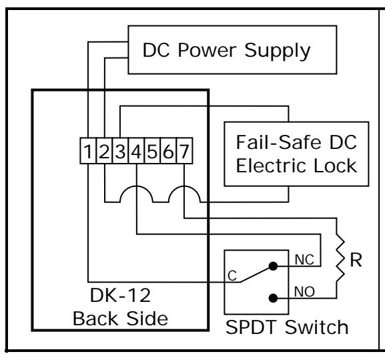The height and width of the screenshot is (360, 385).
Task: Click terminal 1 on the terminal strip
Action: click(88, 151)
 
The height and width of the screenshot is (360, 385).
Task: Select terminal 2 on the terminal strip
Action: click(104, 151)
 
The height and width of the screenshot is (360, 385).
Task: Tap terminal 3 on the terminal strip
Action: click(120, 151)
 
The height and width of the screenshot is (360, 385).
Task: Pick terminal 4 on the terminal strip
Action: click(136, 151)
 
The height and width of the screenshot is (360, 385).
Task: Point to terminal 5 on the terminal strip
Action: click(152, 151)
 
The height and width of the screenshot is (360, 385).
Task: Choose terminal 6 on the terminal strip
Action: click(168, 151)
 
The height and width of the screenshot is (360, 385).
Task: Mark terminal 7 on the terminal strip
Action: click(184, 151)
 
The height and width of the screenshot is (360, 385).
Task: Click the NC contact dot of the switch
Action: click(273, 266)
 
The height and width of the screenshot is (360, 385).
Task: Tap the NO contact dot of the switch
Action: click(273, 298)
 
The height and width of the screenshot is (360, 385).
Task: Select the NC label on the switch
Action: click(304, 260)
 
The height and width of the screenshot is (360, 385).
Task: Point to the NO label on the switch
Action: click(304, 292)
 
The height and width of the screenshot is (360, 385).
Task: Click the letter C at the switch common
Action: click(232, 276)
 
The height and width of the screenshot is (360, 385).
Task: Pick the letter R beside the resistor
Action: click(356, 260)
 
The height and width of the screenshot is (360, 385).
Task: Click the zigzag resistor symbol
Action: click(340, 258)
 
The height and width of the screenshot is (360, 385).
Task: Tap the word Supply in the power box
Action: click(278, 51)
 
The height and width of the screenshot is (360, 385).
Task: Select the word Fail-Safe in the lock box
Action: click(279, 142)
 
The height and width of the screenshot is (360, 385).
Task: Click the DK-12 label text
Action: click(120, 295)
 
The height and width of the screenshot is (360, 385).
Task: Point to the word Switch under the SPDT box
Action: click(316, 327)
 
